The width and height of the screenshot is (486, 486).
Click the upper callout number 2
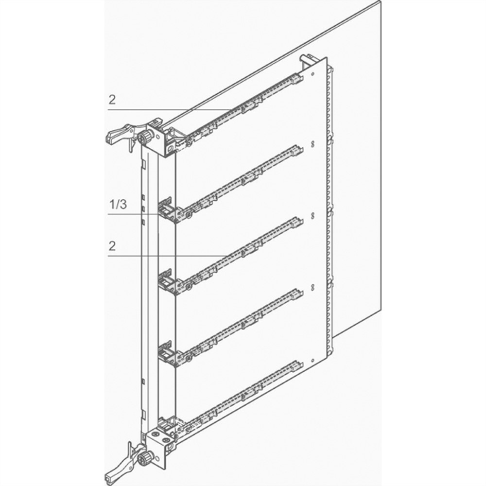tap(112, 100)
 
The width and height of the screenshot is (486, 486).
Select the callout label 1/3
tap(118, 204)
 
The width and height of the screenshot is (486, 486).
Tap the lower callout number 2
tap(112, 246)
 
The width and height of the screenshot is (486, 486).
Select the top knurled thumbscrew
tap(146, 137)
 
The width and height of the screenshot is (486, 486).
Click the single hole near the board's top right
tap(312, 74)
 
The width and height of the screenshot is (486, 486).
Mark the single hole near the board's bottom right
tap(312, 361)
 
